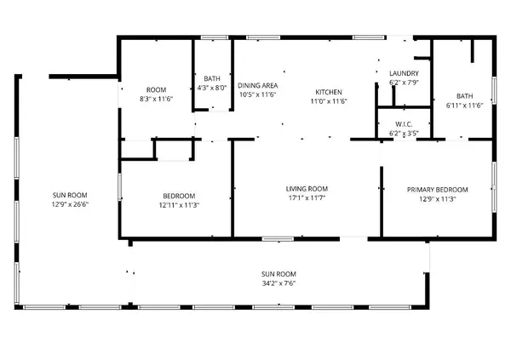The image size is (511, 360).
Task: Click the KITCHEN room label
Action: coord(329,91)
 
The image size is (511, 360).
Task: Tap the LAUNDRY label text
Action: coord(404,74)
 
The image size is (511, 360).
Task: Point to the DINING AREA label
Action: coord(258,86)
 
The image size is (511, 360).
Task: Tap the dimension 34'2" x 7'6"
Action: coord(278,283)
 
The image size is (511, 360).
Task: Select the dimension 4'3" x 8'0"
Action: coord(211,87)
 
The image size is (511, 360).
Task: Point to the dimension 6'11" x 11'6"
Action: coord(464,106)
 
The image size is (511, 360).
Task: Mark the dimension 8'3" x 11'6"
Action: coord(156,100)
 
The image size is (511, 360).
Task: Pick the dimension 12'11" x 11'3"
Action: coord(179,204)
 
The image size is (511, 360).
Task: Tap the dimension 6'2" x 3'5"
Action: coord(404,133)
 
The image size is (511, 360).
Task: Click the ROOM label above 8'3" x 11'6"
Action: coord(156,90)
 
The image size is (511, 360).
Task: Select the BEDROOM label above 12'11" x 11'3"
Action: coord(179,195)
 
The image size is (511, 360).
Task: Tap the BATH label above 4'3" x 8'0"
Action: coord(211,77)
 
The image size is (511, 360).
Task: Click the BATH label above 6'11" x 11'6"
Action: coord(464,96)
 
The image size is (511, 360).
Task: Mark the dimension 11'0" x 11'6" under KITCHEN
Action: coord(329,100)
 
